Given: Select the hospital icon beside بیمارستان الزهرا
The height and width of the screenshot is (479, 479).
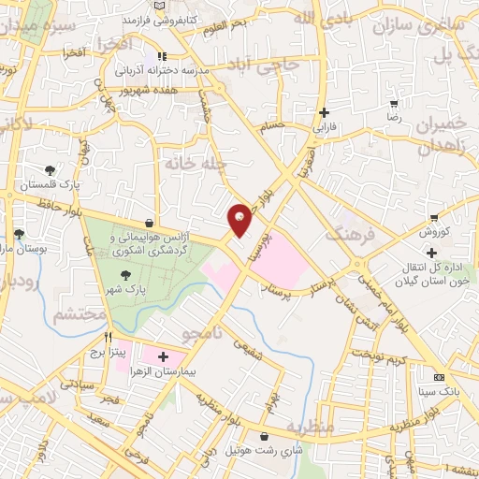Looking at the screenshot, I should pos(163,356).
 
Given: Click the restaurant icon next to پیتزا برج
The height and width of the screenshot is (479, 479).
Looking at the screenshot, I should pos(109,338).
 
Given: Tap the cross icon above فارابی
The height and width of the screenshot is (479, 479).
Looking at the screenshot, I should pos(323,111).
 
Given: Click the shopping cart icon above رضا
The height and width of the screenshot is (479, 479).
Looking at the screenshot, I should pos(395,104).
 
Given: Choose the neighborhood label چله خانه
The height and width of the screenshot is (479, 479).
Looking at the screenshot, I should pos(196,162).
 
